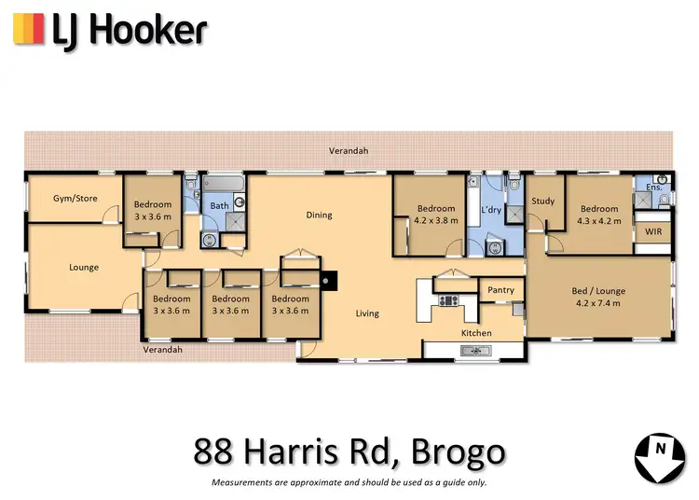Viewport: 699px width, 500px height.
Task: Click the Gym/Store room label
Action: tap(75, 198)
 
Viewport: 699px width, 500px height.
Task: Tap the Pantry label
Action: tap(500, 290)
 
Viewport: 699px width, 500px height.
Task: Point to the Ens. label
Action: tap(654, 187)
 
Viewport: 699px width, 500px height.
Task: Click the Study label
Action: tap(542, 201)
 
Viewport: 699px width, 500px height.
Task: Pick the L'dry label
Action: tap(491, 211)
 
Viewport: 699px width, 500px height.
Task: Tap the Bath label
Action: tap(219, 206)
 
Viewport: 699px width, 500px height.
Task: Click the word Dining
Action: tap(319, 215)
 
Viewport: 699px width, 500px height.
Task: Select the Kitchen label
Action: tap(476, 332)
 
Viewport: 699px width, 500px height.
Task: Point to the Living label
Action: tap(367, 313)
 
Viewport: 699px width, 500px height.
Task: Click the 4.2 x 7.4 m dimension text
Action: tap(599, 303)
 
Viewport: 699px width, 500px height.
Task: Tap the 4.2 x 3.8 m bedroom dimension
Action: tap(435, 221)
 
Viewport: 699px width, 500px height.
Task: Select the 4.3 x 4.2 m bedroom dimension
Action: tap(598, 222)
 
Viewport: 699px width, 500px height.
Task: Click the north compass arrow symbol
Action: tap(661, 456)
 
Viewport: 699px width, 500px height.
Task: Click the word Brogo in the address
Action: tap(459, 452)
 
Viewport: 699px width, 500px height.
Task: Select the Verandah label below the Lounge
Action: tap(162, 349)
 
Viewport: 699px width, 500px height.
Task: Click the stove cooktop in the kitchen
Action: tap(449, 299)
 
